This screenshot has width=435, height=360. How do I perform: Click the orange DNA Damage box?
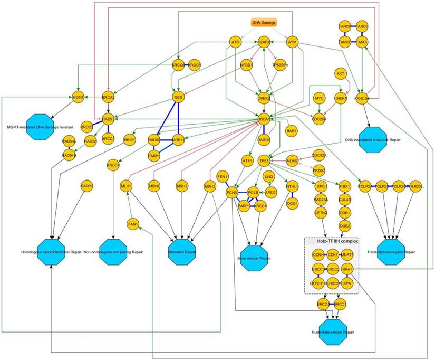point(263,23)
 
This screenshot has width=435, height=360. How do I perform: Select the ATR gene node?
point(236,42)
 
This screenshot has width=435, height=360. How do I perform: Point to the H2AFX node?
point(264,42)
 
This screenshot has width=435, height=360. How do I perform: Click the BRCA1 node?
point(263,120)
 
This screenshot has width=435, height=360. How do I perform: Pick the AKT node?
point(341,74)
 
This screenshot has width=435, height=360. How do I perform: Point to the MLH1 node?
point(126,186)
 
